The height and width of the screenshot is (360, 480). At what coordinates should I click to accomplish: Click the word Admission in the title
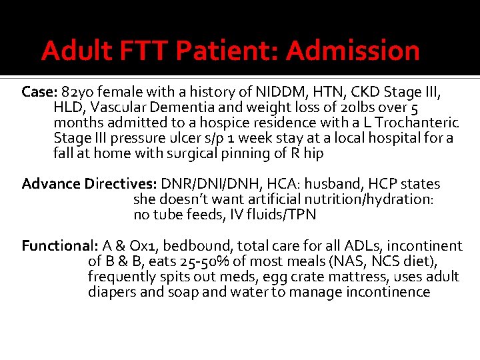click(x=353, y=51)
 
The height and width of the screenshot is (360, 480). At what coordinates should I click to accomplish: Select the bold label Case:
click(x=39, y=91)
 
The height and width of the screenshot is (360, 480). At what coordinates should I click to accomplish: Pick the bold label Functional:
click(x=61, y=245)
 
